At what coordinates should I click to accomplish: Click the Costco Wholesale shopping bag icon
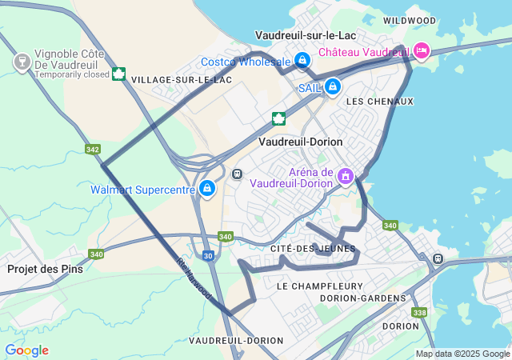point(302,60)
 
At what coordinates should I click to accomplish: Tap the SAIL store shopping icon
point(332,87)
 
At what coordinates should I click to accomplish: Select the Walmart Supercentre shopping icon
point(207,189)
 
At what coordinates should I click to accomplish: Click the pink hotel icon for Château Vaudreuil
point(422,51)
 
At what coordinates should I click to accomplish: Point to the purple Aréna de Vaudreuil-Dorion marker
point(346,174)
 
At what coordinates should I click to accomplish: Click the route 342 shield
point(93,150)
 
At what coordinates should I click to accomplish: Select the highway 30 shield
point(207,255)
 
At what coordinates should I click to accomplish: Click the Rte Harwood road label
point(194,278)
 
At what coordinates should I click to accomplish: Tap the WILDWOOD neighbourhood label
point(410,21)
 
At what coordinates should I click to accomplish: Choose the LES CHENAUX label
point(380,102)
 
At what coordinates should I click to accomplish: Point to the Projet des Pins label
point(45,269)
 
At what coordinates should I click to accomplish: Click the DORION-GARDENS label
point(363,298)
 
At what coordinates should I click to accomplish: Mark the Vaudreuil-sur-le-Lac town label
point(305,35)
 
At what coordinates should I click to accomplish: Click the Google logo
point(26,350)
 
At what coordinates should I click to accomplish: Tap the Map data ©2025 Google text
point(462,354)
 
